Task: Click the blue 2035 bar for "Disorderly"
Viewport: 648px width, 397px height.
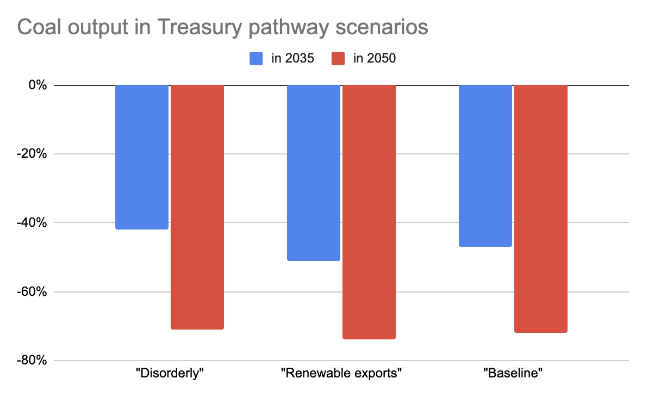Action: click(x=142, y=157)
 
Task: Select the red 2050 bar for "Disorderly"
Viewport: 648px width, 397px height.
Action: click(x=197, y=207)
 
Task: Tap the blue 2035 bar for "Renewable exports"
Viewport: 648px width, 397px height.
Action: click(x=314, y=172)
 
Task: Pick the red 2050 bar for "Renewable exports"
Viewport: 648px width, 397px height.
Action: click(x=369, y=212)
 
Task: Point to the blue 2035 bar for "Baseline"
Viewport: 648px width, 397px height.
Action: click(x=485, y=165)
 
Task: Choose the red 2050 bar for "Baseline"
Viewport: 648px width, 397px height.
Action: click(x=541, y=208)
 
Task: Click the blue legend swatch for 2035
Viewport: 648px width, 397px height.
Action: click(x=257, y=58)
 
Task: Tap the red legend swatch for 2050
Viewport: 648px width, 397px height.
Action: click(x=338, y=58)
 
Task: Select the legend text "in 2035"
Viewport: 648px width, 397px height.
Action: click(x=292, y=58)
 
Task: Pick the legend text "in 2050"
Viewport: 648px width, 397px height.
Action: click(x=375, y=58)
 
